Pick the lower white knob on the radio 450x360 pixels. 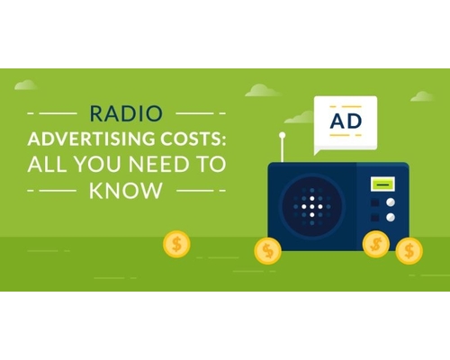tap(391, 218)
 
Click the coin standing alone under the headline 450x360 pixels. tap(177, 244)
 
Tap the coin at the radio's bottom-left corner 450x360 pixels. tap(267, 251)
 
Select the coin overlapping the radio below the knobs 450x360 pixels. tap(375, 243)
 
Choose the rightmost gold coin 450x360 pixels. tap(409, 250)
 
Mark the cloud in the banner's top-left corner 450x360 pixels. tap(25, 85)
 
